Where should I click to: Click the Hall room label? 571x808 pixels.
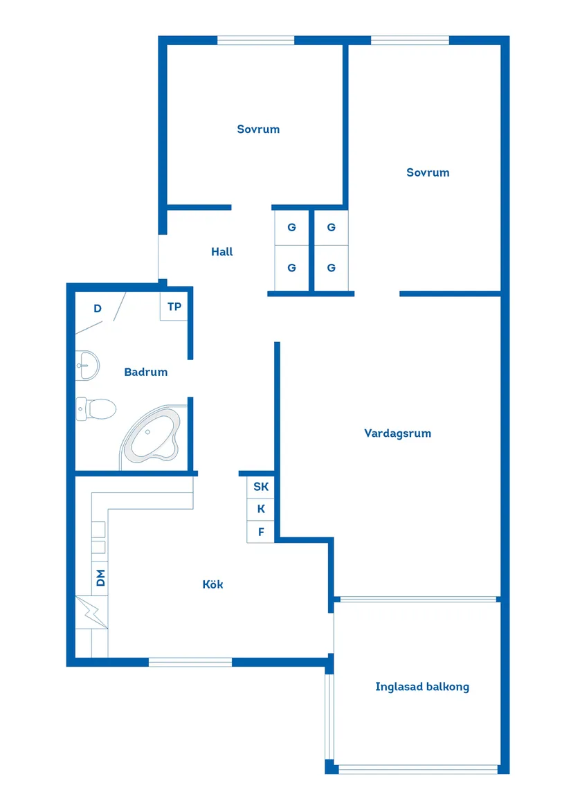click(x=222, y=252)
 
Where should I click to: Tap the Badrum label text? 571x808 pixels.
click(x=145, y=372)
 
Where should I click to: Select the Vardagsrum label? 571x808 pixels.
click(x=397, y=433)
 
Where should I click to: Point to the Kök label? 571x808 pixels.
click(x=212, y=584)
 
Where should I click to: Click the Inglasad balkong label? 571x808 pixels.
click(x=422, y=687)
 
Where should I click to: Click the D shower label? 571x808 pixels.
click(x=98, y=309)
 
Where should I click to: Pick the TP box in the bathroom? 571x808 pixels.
click(x=174, y=306)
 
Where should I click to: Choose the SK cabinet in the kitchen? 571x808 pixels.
click(x=261, y=487)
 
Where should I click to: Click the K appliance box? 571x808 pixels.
click(x=261, y=509)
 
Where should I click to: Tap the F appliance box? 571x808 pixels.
click(x=261, y=532)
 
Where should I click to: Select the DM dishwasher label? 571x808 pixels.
click(x=100, y=577)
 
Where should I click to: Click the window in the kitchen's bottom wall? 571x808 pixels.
click(x=190, y=663)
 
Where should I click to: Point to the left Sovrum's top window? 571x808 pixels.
click(x=256, y=40)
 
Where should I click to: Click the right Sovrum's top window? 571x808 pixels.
click(x=410, y=40)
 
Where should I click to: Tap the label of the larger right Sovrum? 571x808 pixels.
click(x=428, y=172)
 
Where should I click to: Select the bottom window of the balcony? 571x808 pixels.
click(x=418, y=769)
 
